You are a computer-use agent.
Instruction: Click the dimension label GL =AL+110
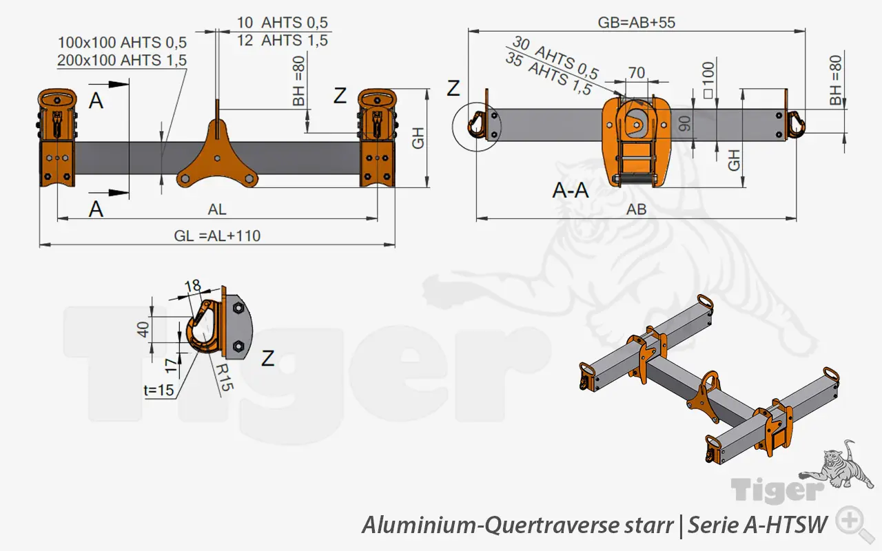coord(217,236)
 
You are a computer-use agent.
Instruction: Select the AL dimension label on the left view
coord(217,210)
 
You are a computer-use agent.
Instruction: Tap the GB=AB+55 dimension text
coord(636,22)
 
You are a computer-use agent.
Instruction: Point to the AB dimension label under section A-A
coord(636,210)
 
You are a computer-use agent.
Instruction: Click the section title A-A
coord(571,190)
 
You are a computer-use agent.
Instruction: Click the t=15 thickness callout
coord(159,391)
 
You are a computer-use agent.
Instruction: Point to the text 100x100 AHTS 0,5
coord(123,43)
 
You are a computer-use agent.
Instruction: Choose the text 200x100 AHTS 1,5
coord(123,61)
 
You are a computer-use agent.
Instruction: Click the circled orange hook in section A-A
coord(475,125)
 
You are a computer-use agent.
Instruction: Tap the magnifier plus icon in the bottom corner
coord(850,521)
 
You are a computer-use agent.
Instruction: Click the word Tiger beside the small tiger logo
coord(777,491)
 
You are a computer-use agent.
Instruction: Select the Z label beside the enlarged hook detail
coord(268,357)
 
